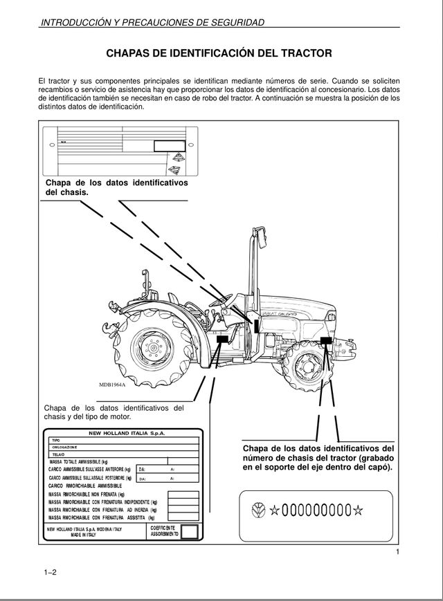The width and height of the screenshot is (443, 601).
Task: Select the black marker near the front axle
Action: click(327, 340)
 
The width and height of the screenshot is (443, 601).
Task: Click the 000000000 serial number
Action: click(317, 512)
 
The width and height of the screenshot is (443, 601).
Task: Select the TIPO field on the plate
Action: click(57, 441)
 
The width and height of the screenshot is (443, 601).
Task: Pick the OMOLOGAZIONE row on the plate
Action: click(66, 447)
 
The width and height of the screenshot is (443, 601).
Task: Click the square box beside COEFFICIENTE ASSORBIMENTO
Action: click(190, 531)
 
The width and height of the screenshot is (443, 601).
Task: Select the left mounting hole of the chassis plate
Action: click(52, 146)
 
